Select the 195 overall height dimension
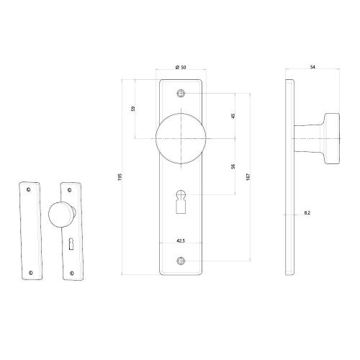(120, 176)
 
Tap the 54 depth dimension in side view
(312, 68)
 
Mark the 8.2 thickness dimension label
(307, 215)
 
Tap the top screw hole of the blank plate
(29, 189)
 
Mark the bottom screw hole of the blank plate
(31, 271)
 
